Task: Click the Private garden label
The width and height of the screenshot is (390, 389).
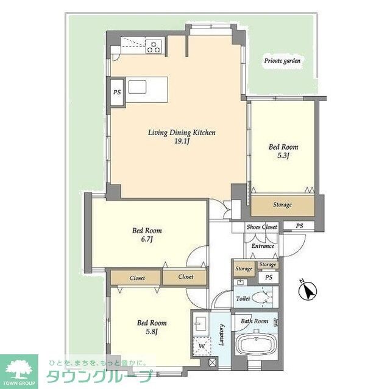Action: point(282,61)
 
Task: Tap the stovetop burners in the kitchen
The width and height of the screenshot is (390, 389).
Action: point(154,46)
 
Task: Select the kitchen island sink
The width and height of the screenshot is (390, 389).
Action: point(137,86)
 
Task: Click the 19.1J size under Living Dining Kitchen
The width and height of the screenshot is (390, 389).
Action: point(182,142)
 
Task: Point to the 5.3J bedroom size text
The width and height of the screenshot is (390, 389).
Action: point(283,156)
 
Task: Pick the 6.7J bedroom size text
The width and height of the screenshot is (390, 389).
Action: point(147,239)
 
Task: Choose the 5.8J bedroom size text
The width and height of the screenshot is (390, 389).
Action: point(152,332)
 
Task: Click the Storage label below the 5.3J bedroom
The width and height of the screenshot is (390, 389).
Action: point(282,205)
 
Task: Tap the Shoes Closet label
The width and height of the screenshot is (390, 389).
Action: point(261,227)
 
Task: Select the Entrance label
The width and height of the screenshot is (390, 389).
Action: point(263,246)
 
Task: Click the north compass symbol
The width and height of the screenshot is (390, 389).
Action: point(308,290)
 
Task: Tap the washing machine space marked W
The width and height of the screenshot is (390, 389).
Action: point(202,346)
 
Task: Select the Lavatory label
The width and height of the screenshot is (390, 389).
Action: point(221,335)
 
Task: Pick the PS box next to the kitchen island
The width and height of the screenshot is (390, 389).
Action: point(117,93)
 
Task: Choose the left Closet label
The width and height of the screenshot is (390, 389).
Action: point(137,278)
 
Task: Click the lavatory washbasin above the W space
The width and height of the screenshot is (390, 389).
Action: point(200,323)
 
